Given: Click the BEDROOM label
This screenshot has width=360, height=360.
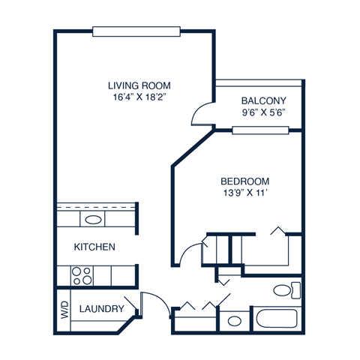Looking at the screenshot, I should pyautogui.click(x=244, y=181).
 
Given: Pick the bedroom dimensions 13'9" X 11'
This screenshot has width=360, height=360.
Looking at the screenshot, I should pyautogui.click(x=244, y=193).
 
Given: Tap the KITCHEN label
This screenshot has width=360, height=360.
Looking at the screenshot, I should pyautogui.click(x=94, y=247).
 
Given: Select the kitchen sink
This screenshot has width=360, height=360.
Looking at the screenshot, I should pyautogui.click(x=94, y=220).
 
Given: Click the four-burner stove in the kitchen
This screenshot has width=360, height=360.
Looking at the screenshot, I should pyautogui.click(x=81, y=276).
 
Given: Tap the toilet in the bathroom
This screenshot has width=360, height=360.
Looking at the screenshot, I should pyautogui.click(x=284, y=290).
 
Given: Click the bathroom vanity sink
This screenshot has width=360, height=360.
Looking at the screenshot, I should pyautogui.click(x=235, y=321).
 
